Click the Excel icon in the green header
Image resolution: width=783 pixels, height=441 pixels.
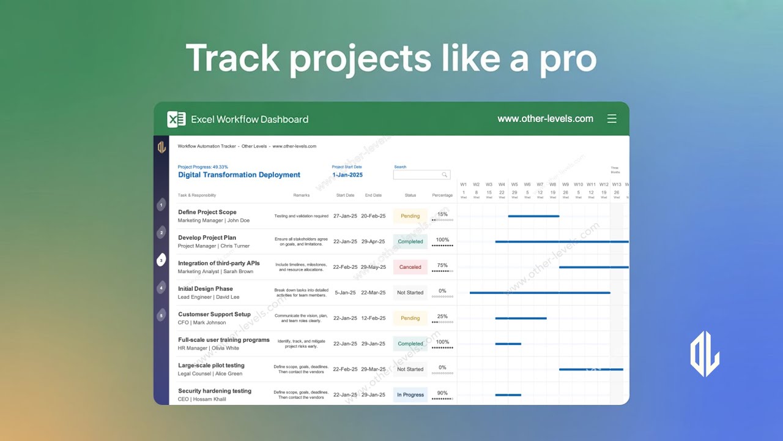tap(176, 119)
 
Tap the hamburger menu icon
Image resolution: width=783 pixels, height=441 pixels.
tap(612, 119)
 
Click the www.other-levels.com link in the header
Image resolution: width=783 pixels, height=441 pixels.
tap(545, 119)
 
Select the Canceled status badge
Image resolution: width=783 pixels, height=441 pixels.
tap(410, 267)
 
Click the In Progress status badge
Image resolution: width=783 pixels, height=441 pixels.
tap(410, 394)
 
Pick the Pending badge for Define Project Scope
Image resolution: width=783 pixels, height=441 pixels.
tap(410, 216)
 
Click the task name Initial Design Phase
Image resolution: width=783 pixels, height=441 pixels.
tap(205, 288)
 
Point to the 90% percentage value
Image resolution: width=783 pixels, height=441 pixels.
tap(442, 393)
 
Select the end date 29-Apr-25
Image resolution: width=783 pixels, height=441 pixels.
tap(373, 241)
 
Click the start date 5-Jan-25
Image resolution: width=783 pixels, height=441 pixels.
tap(345, 292)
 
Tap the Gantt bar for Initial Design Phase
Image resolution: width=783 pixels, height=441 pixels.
tap(540, 293)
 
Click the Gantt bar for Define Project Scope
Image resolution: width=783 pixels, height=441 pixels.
tap(533, 216)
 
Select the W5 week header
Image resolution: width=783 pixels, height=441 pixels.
tap(514, 184)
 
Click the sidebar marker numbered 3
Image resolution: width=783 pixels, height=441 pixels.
tap(161, 260)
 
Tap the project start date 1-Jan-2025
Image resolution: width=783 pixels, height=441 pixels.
tap(347, 175)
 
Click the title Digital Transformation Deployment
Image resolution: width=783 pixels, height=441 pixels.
tap(239, 175)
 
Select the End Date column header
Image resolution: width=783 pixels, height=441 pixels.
tap(373, 195)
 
